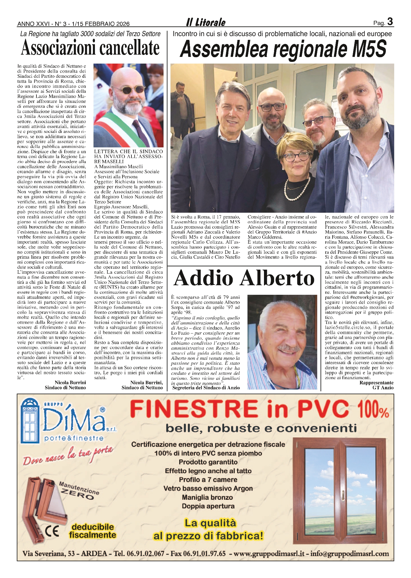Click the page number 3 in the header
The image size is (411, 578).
tap(390, 22)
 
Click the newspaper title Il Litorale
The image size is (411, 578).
tap(205, 23)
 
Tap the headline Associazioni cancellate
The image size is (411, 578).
tap(90, 48)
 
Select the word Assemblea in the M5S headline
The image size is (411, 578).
tap(224, 50)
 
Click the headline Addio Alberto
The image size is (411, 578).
tap(244, 278)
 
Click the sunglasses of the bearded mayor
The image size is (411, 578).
tap(128, 89)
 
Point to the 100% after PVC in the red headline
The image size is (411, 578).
tap(373, 410)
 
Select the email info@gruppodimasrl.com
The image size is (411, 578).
tap(349, 554)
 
